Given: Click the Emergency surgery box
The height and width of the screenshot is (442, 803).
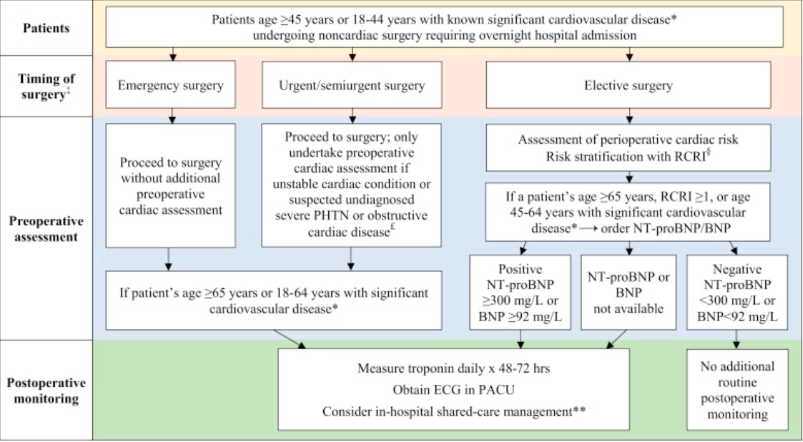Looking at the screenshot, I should [170, 85].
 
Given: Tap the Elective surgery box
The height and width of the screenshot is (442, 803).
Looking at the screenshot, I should [629, 85].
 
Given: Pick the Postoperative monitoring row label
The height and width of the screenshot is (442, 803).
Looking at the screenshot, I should [46, 391].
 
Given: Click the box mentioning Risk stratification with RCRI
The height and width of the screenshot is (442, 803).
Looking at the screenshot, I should [629, 148].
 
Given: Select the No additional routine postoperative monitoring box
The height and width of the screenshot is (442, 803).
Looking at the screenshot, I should [737, 391].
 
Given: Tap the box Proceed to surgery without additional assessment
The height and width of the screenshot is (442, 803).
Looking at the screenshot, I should [170, 185].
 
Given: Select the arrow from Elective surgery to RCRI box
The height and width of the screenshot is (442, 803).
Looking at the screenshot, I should [629, 116].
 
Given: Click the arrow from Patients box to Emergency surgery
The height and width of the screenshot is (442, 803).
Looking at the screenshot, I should [170, 55].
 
